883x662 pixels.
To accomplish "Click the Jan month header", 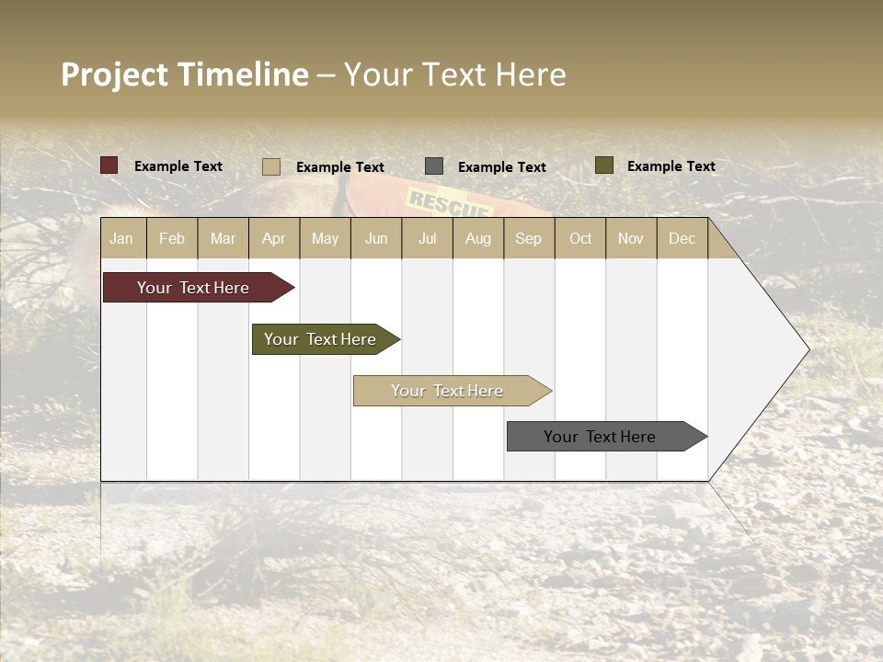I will [122, 238].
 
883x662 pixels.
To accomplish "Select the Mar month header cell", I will [223, 238].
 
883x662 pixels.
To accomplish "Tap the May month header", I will [325, 238].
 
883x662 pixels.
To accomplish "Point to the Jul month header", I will [427, 238].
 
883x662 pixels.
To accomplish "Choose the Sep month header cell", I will [528, 238].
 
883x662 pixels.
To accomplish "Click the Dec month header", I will [682, 238].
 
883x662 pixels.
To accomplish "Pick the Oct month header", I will [580, 238].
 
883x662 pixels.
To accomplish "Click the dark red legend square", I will [109, 165].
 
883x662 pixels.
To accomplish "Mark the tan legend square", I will [271, 166].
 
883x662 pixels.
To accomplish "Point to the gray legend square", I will [434, 166].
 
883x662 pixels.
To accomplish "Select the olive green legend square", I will [604, 165].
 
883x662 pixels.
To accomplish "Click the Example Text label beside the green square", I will [671, 165].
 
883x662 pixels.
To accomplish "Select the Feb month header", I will [172, 238].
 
